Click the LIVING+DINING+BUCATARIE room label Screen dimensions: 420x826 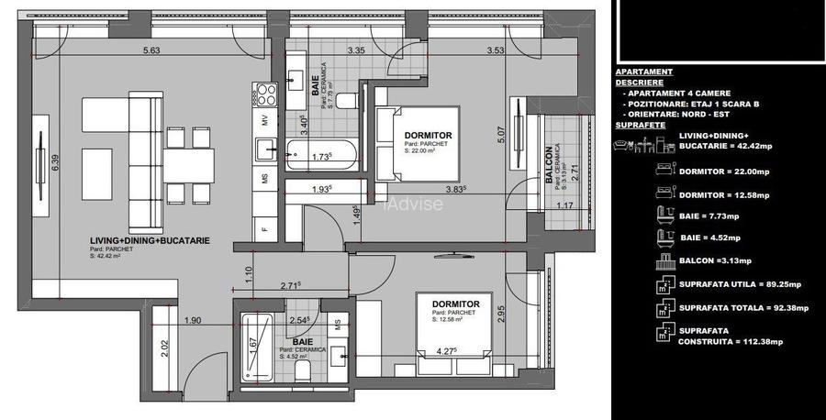point(144,240)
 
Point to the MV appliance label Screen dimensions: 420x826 point(265,120)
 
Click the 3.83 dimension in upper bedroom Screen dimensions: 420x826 point(455,190)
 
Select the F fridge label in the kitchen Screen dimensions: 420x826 point(265,228)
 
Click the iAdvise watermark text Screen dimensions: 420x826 point(414,204)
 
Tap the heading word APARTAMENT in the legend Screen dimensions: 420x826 point(643,72)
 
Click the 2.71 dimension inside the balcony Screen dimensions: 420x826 point(573,171)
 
